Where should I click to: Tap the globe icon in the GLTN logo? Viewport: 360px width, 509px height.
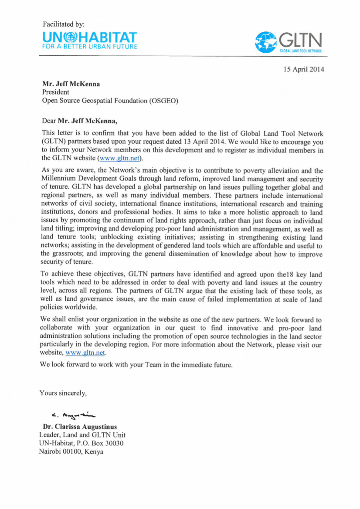click(x=266, y=42)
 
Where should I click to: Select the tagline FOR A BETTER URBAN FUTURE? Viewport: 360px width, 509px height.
click(x=90, y=46)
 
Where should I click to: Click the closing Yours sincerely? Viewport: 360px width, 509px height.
click(x=64, y=393)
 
